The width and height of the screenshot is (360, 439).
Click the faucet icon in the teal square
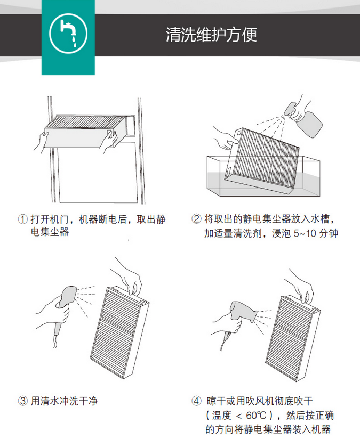click(x=68, y=34)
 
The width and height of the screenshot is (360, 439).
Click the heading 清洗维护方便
click(x=211, y=35)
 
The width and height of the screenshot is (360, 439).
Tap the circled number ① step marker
click(x=23, y=219)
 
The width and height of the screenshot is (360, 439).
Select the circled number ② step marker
click(x=196, y=218)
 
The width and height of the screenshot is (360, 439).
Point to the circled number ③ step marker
click(x=23, y=401)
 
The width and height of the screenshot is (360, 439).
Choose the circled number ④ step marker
click(x=196, y=401)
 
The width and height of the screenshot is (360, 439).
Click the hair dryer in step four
click(x=241, y=316)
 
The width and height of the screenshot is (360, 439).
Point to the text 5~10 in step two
click(x=305, y=233)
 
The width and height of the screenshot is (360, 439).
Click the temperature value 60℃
click(x=256, y=415)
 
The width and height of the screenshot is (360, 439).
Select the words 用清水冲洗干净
click(x=64, y=401)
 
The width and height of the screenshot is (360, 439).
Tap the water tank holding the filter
click(x=263, y=176)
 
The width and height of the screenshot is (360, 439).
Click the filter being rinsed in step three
click(x=119, y=332)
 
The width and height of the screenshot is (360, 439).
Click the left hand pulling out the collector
click(x=42, y=142)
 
